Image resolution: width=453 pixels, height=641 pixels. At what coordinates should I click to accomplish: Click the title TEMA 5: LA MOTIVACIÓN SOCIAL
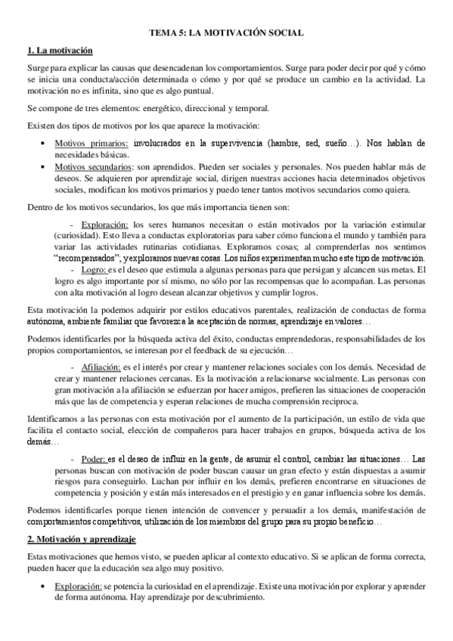coord(226,33)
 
